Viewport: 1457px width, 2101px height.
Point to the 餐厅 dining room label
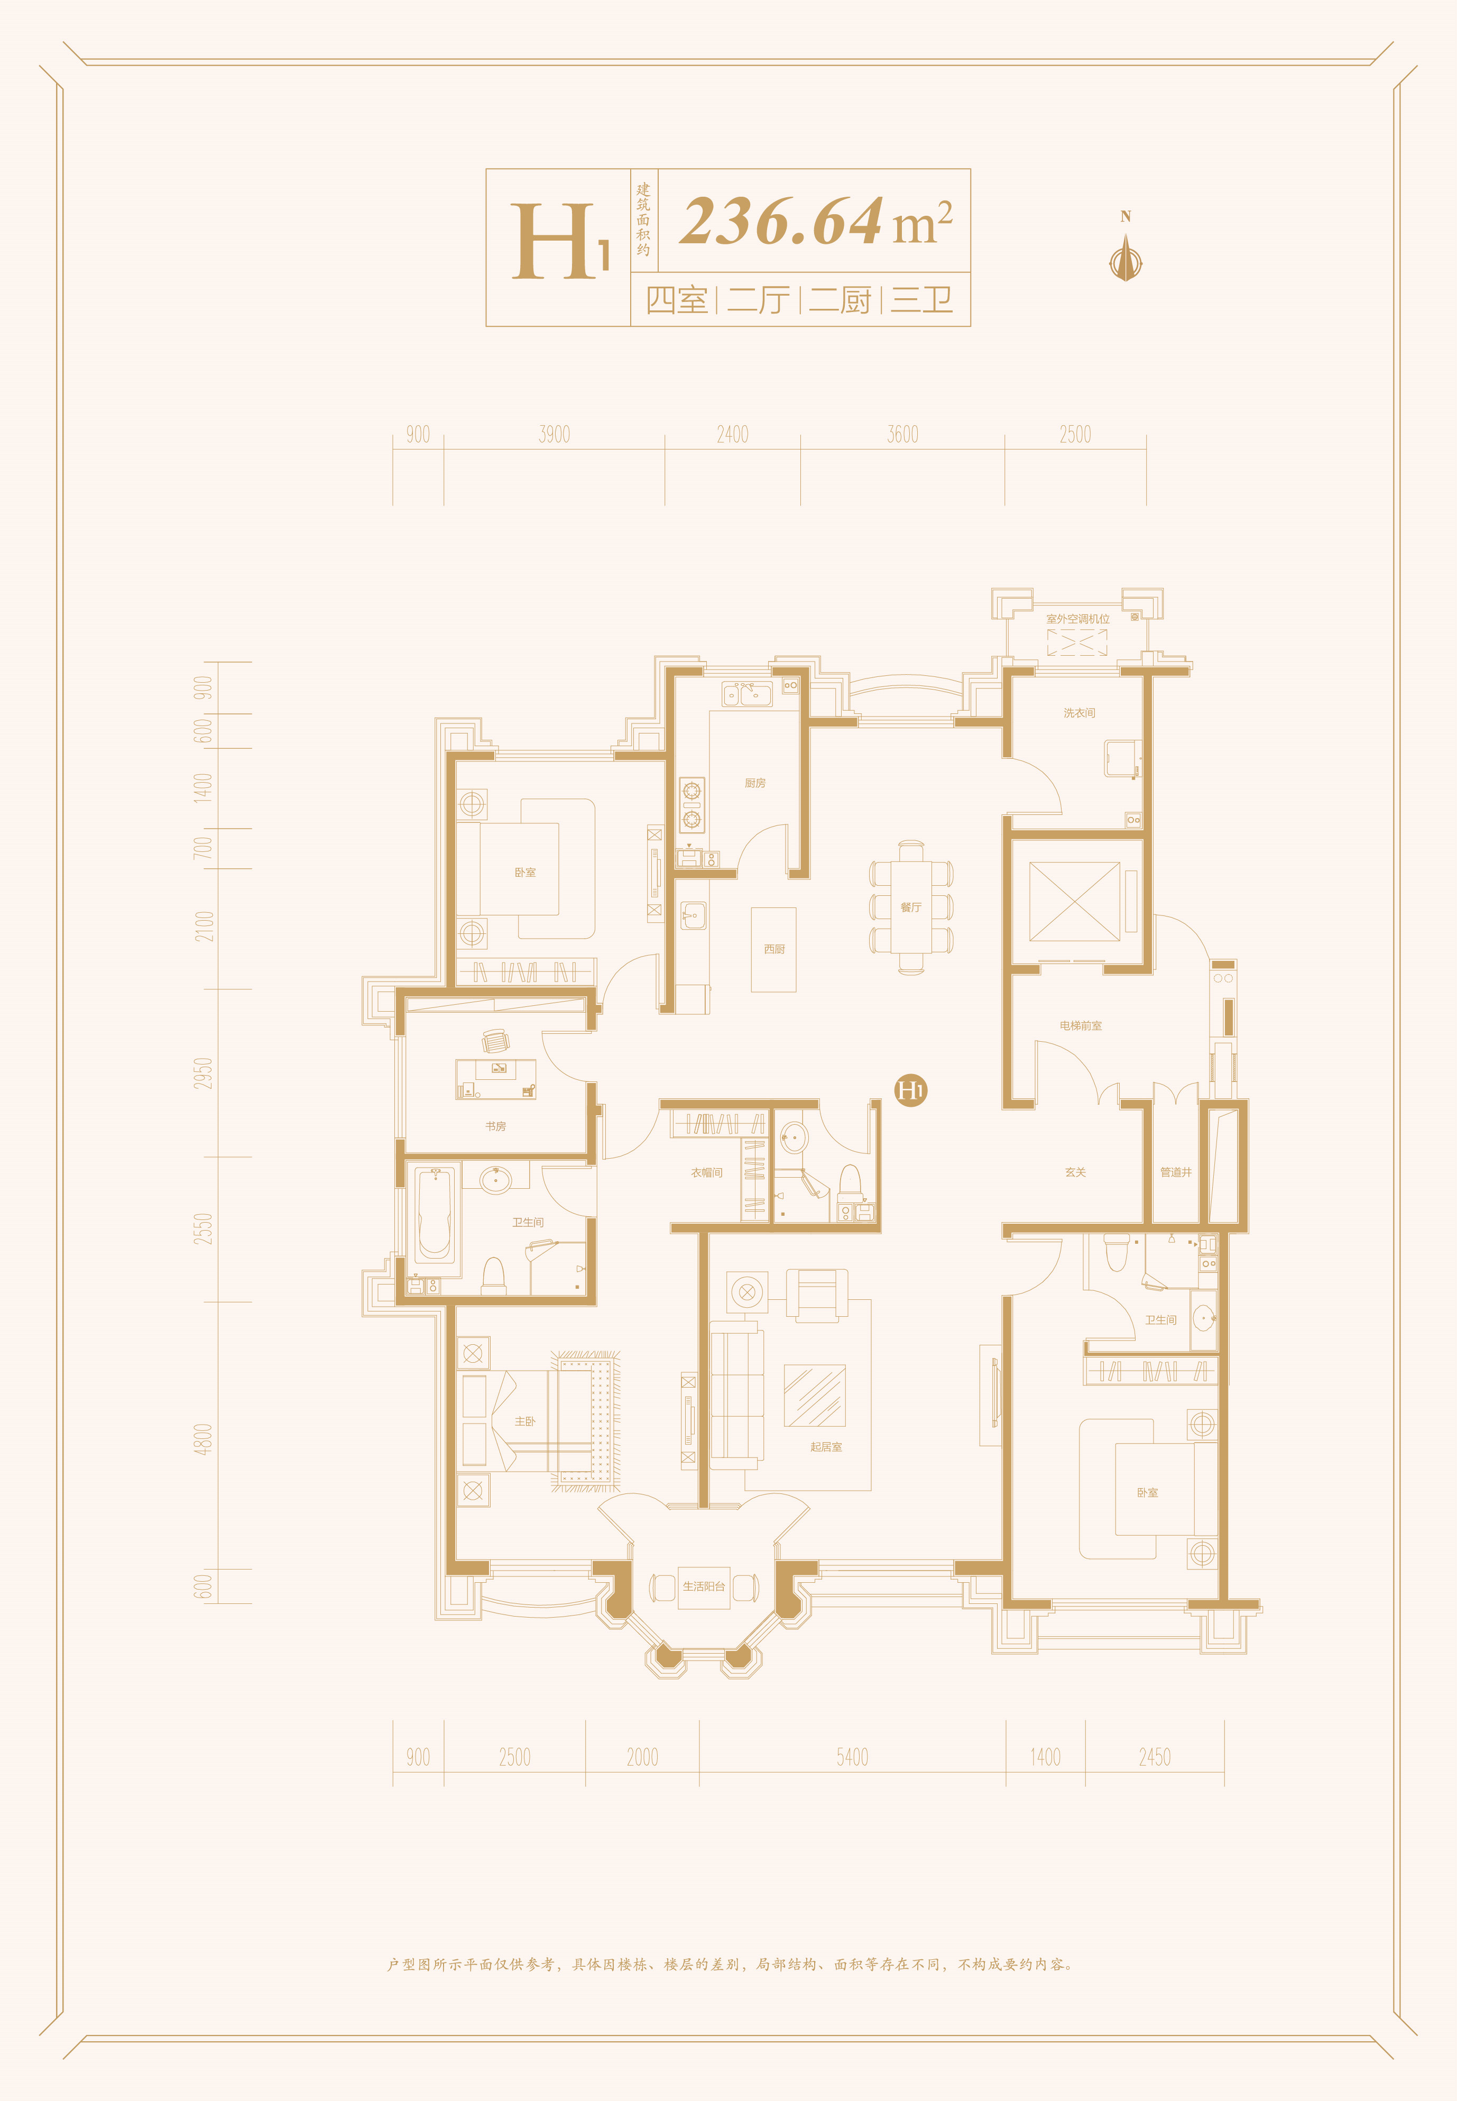tap(910, 907)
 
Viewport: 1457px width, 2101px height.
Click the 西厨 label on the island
tap(774, 949)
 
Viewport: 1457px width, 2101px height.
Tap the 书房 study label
tap(496, 1126)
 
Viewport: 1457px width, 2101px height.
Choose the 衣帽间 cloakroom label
tap(707, 1172)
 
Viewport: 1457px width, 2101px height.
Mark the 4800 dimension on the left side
tap(202, 1439)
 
